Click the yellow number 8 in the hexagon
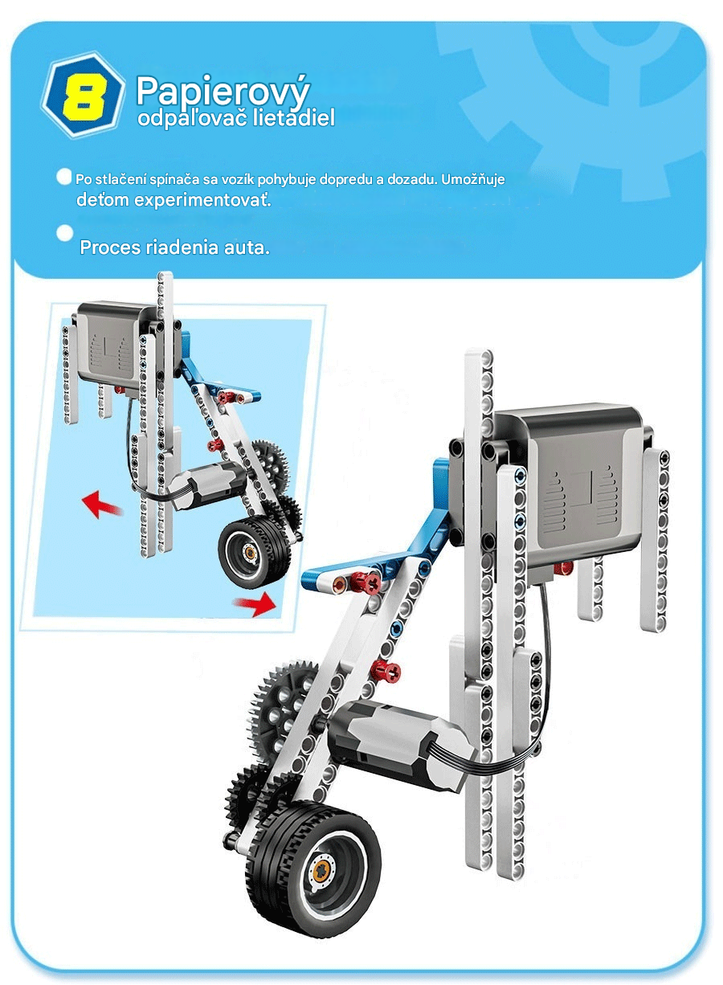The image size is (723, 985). [84, 96]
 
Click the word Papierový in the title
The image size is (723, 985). [223, 92]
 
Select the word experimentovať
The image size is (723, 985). [202, 199]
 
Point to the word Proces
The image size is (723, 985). [110, 247]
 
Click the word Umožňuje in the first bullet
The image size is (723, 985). [473, 180]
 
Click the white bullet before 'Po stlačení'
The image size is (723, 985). [64, 177]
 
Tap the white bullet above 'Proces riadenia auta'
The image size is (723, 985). [64, 233]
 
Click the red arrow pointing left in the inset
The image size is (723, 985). [101, 505]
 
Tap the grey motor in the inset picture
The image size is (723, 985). [206, 486]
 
